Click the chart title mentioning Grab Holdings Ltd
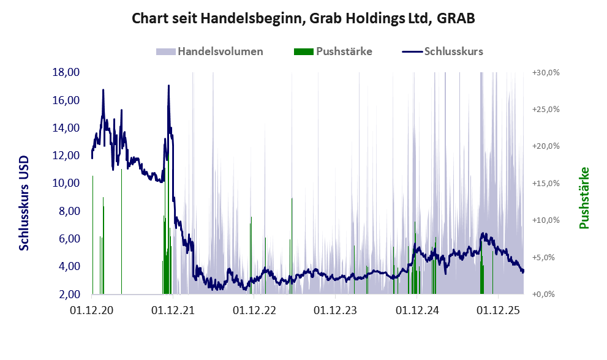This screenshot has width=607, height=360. pyautogui.click(x=303, y=18)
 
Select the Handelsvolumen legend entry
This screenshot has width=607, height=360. pyautogui.click(x=209, y=51)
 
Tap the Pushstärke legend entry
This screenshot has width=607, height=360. pyautogui.click(x=333, y=51)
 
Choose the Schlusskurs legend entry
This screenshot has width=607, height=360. pyautogui.click(x=442, y=51)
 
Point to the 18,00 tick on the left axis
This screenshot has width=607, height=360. pyautogui.click(x=66, y=72)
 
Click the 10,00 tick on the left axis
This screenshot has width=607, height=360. pyautogui.click(x=66, y=183)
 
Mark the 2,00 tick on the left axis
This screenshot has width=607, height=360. pyautogui.click(x=69, y=294)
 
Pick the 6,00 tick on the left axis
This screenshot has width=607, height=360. pyautogui.click(x=69, y=239)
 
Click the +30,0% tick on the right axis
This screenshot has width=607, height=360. pyautogui.click(x=546, y=72)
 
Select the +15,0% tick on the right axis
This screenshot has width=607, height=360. pyautogui.click(x=546, y=183)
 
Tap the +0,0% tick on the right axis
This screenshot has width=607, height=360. pyautogui.click(x=543, y=294)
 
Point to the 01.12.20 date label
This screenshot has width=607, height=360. pyautogui.click(x=92, y=310)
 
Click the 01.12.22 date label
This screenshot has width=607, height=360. pyautogui.click(x=254, y=310)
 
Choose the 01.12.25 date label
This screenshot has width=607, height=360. pyautogui.click(x=498, y=310)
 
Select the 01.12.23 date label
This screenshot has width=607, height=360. pyautogui.click(x=335, y=310)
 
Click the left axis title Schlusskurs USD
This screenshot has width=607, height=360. pyautogui.click(x=24, y=203)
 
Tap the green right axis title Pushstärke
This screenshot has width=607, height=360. pyautogui.click(x=584, y=198)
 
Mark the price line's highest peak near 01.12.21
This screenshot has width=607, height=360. pyautogui.click(x=168, y=86)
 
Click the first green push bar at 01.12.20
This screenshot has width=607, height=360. pyautogui.click(x=92, y=235)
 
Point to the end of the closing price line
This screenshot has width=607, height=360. pyautogui.click(x=523, y=270)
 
